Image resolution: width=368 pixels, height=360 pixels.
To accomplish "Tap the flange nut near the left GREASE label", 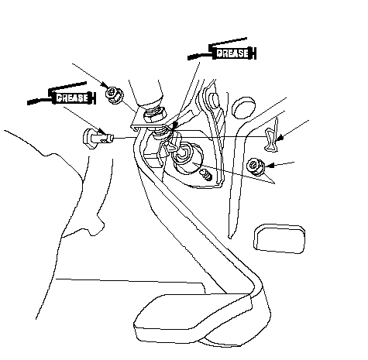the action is point(115,95).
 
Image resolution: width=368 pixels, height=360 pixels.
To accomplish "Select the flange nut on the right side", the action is point(256,166).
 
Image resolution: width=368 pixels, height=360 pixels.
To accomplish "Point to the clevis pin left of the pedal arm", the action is point(98,139).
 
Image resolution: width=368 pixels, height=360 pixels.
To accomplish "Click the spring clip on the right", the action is point(272,137).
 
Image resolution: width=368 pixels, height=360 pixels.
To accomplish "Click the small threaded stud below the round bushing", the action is point(206,175).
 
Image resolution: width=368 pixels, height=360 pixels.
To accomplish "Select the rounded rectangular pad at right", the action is point(280,238).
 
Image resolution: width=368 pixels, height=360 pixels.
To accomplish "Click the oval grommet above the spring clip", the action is point(243,108).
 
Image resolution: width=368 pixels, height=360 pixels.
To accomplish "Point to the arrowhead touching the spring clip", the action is point(280,139).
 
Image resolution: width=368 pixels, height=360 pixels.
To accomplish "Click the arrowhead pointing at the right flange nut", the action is point(269,166).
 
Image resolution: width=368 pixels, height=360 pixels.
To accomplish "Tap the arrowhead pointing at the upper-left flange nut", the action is point(105,84).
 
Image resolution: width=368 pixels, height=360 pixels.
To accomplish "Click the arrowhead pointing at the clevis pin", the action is point(103,132).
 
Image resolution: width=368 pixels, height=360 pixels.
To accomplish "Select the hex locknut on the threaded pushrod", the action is point(154,115).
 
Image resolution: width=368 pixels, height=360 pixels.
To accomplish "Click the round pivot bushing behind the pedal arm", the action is point(187,158).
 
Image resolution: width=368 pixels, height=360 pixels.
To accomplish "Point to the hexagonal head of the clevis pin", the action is point(88,139).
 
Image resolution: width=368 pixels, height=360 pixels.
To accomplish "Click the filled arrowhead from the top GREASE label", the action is point(174,125).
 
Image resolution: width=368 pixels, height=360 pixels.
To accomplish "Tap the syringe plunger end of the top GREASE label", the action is point(253,53).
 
